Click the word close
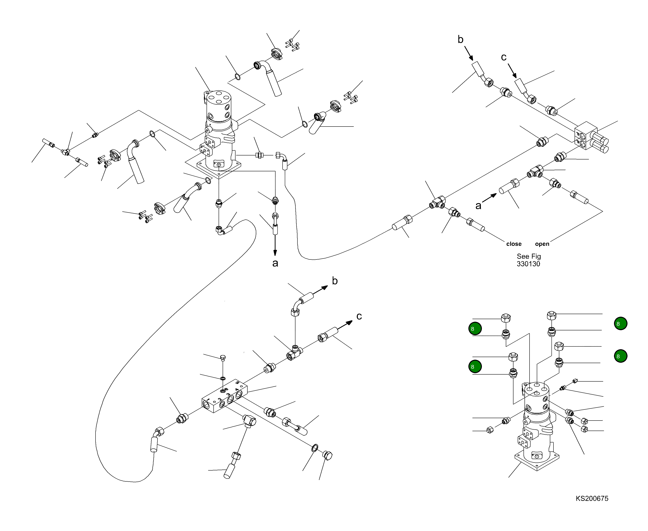coord(514,244)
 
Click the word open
coord(542,244)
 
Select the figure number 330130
coord(528,264)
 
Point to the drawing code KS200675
coord(592,498)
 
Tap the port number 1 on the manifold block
coord(208,400)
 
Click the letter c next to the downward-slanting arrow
coord(503,57)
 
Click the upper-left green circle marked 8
coord(475,329)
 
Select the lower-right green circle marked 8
coord(620,356)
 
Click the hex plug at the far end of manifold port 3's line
coord(327,456)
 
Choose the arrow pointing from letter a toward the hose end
coord(489,198)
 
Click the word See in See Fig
coord(523,256)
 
